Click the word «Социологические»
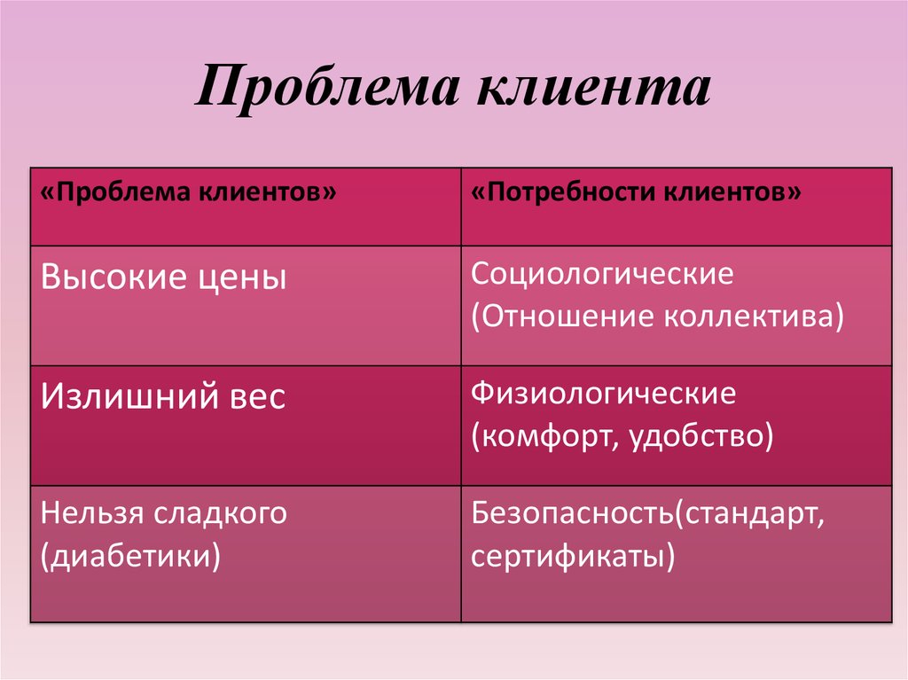602,274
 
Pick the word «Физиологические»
603,393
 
